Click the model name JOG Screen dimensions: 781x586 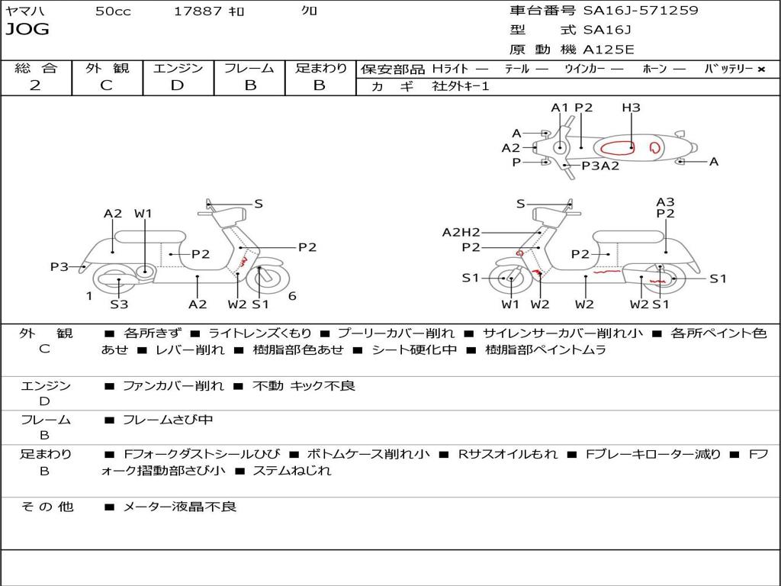point(27,30)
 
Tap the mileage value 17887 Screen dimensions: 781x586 point(198,11)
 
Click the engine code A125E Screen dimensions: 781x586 point(608,50)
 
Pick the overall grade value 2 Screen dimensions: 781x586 point(35,85)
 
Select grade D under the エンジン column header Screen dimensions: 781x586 point(177,85)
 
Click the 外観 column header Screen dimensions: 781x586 point(107,68)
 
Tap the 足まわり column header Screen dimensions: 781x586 point(320,68)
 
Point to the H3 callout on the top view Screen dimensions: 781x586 point(631,108)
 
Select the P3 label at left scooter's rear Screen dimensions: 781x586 point(59,267)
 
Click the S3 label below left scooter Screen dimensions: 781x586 point(119,304)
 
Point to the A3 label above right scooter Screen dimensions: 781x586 point(665,202)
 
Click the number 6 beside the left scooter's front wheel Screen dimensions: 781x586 point(292,296)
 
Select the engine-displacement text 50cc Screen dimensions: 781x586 point(113,11)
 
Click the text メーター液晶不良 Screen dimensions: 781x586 point(180,507)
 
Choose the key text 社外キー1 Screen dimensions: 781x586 point(461,86)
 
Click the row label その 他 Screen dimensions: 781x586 point(47,507)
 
